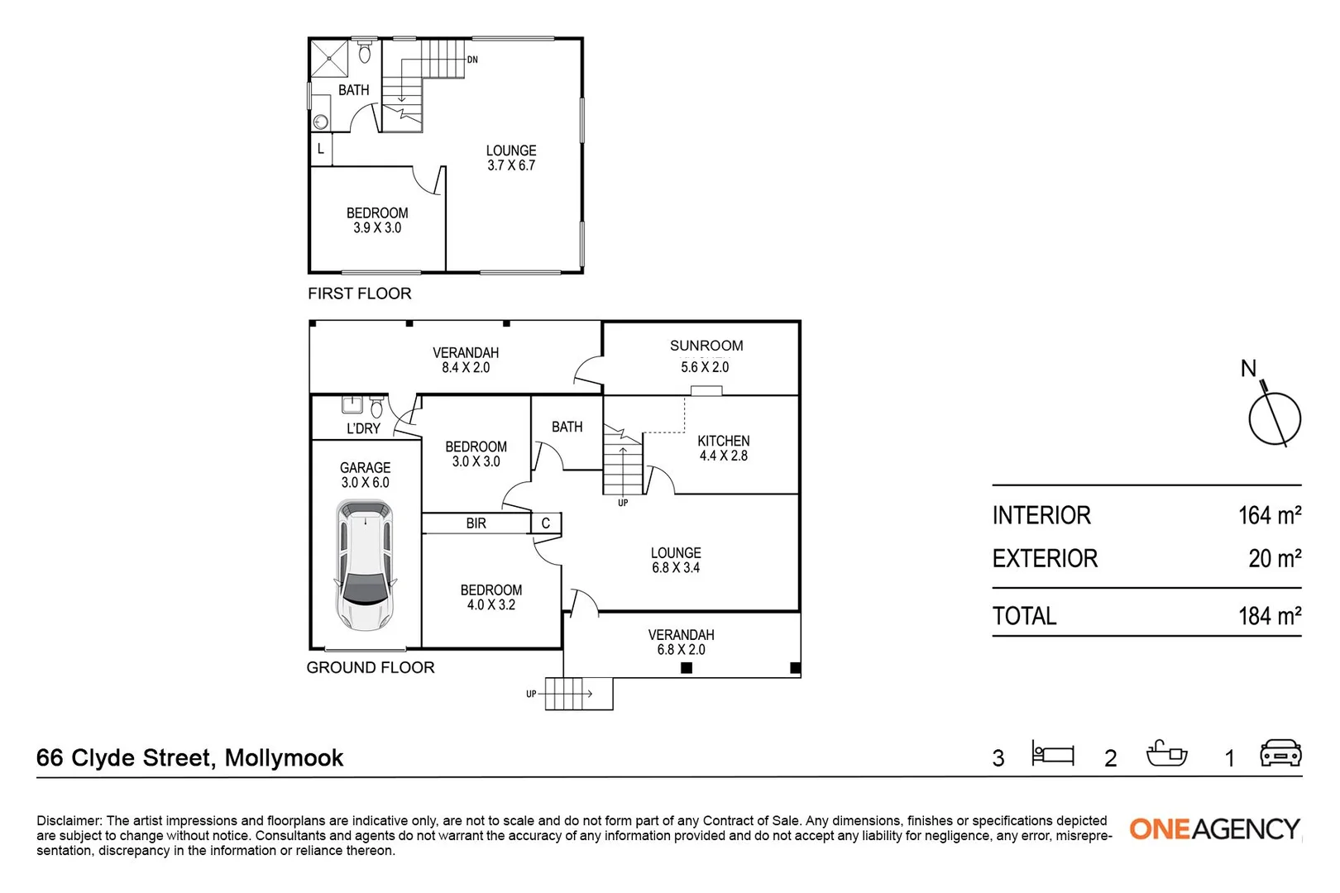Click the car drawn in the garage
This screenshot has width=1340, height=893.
click(x=365, y=566)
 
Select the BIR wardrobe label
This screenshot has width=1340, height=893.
click(x=476, y=523)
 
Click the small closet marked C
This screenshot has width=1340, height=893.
click(x=546, y=523)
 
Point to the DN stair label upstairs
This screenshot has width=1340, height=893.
click(x=472, y=60)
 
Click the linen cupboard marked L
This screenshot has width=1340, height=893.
click(x=321, y=150)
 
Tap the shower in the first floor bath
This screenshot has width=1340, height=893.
click(x=330, y=59)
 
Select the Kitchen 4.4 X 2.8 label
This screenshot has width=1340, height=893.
click(x=723, y=448)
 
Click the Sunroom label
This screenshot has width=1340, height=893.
click(x=706, y=346)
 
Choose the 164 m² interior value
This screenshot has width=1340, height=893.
click(x=1269, y=516)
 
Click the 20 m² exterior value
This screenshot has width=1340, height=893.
click(x=1274, y=559)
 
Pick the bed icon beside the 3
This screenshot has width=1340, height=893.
click(x=1052, y=753)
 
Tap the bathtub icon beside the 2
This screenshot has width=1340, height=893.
click(x=1166, y=753)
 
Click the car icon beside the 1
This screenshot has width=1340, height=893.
click(x=1280, y=753)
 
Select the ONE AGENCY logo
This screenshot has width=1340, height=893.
click(x=1214, y=829)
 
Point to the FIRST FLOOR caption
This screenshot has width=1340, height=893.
click(x=359, y=294)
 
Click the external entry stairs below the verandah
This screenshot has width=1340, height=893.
click(x=578, y=693)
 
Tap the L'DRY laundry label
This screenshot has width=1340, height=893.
click(x=363, y=428)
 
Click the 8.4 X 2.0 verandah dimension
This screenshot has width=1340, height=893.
click(x=466, y=368)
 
